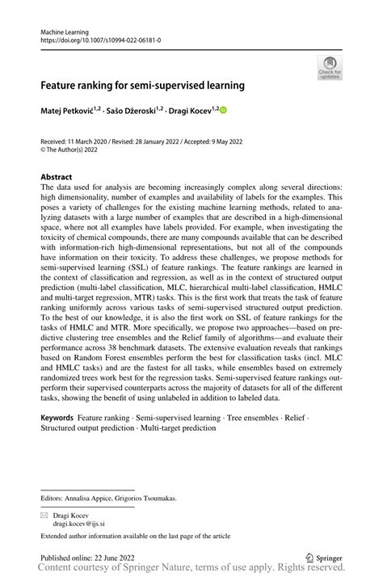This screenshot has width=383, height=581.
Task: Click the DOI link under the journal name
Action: (x=95, y=38)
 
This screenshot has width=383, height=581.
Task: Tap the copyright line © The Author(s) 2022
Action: (x=75, y=148)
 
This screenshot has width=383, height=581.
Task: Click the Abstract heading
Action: (x=57, y=175)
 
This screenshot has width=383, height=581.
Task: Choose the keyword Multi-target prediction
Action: (x=177, y=427)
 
